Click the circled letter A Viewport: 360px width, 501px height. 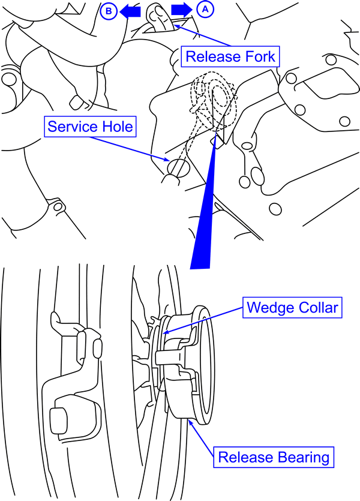(205, 9)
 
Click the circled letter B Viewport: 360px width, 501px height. (109, 10)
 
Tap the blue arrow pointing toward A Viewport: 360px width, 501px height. (182, 10)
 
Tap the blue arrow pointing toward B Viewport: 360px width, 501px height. (130, 10)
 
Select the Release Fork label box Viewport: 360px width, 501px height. (230, 57)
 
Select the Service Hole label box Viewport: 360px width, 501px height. (90, 127)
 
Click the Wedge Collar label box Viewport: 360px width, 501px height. (293, 308)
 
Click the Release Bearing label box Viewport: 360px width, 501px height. (274, 457)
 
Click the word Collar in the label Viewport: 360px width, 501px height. (318, 308)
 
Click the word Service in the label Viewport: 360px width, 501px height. (74, 127)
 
